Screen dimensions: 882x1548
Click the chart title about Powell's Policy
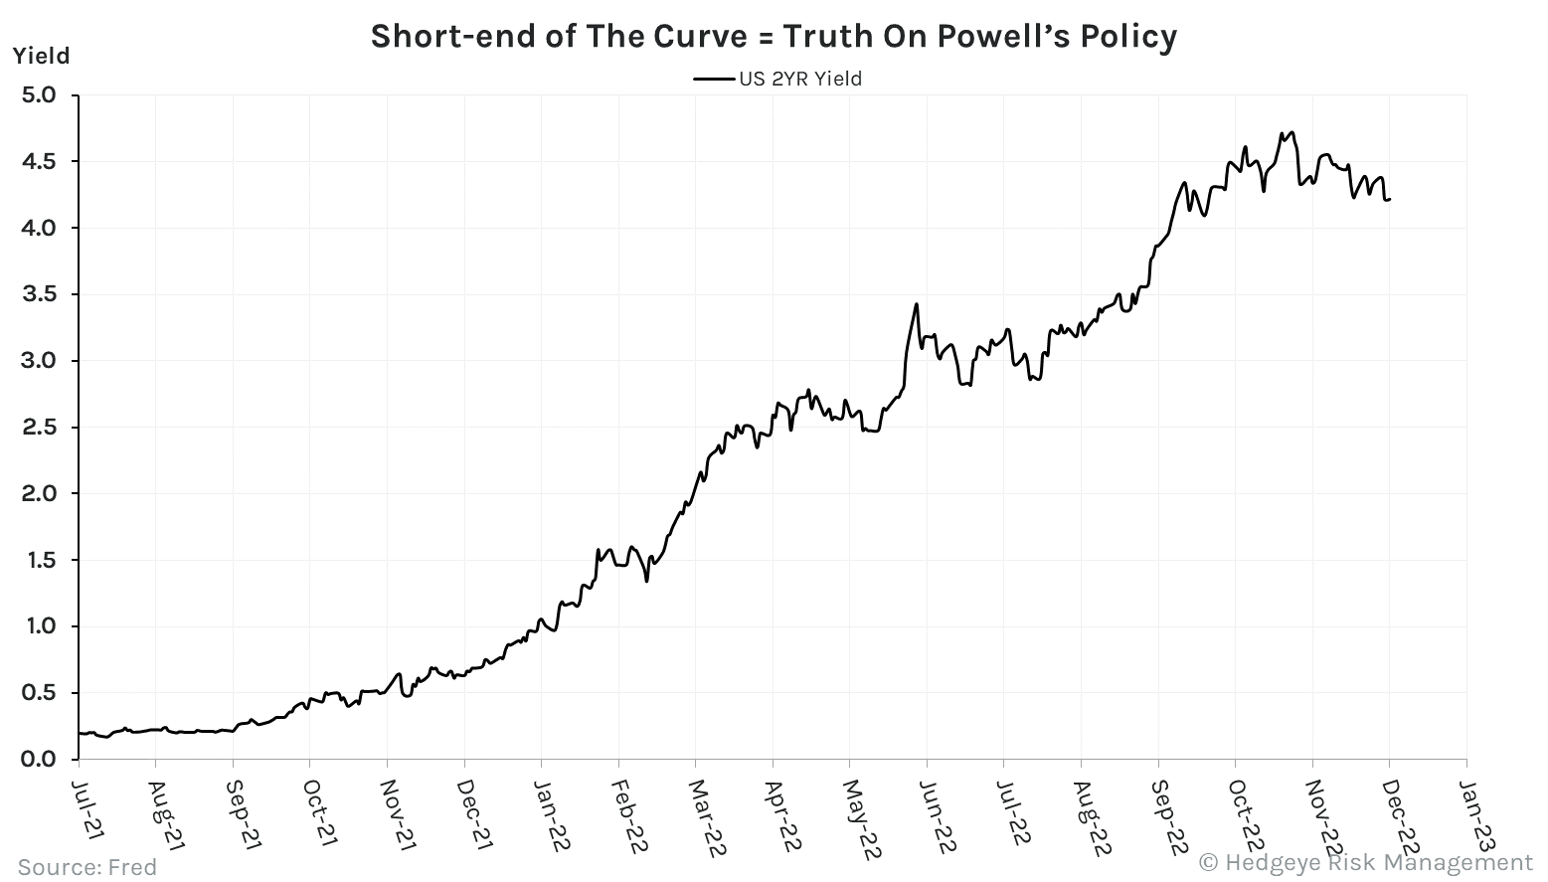[x=774, y=37]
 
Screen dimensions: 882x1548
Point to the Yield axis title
[x=41, y=56]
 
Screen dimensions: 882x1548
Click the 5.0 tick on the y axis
[x=39, y=95]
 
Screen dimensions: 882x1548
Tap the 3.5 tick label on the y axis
[x=39, y=294]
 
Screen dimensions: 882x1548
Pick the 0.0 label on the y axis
[x=39, y=760]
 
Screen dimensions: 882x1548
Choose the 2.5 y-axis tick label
[x=39, y=428]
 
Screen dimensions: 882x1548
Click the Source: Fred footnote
[x=87, y=867]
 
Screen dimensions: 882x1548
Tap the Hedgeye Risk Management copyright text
[x=1367, y=862]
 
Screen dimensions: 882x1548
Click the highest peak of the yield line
[x=1290, y=132]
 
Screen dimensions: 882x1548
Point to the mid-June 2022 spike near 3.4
[x=916, y=304]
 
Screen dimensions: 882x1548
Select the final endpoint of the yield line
[x=1389, y=199]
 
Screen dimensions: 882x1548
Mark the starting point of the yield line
[x=79, y=733]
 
